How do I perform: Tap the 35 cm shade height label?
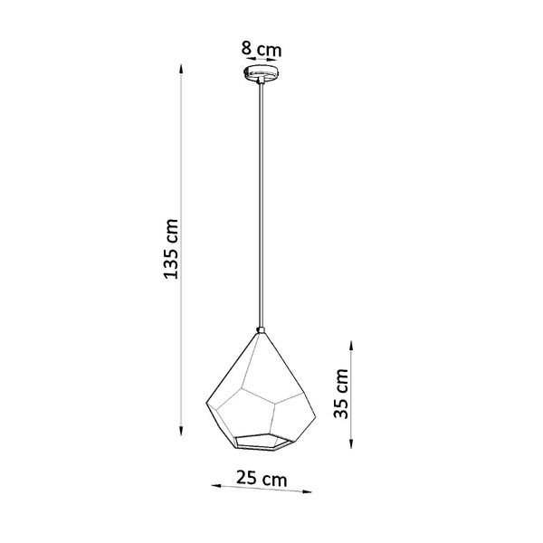tap(341, 395)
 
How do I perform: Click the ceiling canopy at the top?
tap(262, 72)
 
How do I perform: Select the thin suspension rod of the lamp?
tap(262, 199)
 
